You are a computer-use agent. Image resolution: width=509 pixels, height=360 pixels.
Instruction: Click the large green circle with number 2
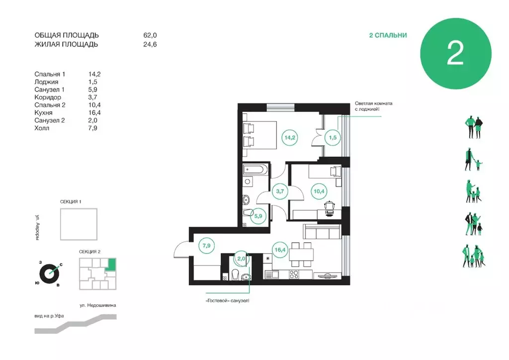pos(455,54)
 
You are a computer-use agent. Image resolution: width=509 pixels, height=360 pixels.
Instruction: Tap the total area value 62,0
pos(150,35)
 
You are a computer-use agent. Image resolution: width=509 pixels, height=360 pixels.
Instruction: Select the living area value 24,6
pos(150,44)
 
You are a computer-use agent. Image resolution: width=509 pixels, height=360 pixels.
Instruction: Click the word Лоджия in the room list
pos(46,82)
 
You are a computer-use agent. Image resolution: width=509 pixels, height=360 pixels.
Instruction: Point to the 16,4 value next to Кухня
pos(94,113)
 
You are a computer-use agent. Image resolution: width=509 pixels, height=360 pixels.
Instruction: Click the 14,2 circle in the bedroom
pos(290,137)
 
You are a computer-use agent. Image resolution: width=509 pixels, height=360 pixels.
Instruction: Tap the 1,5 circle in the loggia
pos(333,137)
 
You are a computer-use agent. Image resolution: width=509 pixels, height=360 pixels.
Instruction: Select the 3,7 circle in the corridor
pos(280,191)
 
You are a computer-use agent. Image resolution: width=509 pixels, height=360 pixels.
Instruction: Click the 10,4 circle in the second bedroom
pos(319,191)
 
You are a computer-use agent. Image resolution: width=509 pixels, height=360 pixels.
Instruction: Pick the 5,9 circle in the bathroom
pos(258,216)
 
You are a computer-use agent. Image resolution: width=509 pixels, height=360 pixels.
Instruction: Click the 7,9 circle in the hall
pos(206,246)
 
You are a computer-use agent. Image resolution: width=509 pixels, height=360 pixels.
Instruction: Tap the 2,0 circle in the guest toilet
pos(241,259)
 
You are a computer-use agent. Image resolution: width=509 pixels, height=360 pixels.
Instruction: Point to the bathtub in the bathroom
pos(255,170)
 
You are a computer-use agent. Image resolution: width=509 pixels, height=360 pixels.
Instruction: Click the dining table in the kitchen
pos(302,254)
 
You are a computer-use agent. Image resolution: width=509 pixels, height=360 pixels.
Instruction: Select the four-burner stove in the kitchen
pos(294,274)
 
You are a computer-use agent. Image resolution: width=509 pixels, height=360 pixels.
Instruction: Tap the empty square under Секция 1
pos(79,224)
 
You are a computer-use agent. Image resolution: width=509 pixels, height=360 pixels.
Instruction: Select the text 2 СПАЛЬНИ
pos(388,35)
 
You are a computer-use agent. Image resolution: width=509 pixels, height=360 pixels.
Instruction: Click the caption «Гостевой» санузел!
pos(228,301)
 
